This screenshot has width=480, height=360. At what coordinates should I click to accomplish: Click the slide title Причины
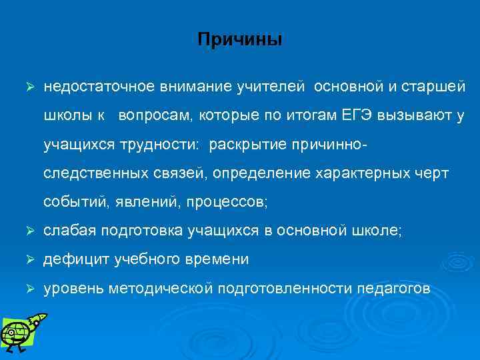pyautogui.click(x=240, y=40)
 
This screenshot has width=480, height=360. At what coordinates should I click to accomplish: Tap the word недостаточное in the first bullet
pyautogui.click(x=91, y=87)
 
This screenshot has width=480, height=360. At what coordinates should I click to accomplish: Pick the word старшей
pyautogui.click(x=439, y=87)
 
